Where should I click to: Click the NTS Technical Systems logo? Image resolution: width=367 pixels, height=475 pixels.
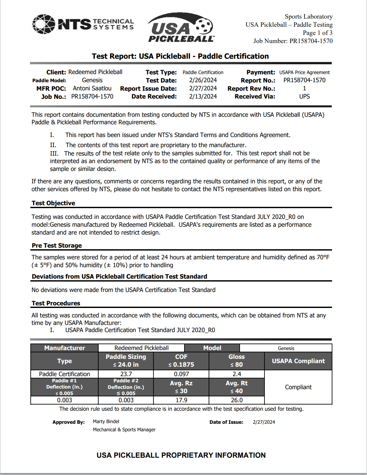coord(83,24)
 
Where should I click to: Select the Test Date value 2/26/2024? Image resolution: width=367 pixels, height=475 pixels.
coord(203,80)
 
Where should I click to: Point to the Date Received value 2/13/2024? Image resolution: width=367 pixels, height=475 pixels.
coord(203,97)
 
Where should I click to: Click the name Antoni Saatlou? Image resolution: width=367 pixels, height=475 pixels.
coord(92,88)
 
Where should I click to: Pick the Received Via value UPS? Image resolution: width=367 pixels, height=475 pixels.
coord(304,97)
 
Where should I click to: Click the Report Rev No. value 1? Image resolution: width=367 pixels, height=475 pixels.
coord(304,88)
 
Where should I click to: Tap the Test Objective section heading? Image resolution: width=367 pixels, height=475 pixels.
coord(54,203)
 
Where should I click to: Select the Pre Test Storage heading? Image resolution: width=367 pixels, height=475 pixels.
coord(57,246)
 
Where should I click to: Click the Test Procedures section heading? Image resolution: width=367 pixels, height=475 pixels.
coord(56,303)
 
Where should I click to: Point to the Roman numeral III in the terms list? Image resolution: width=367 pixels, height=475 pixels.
coord(54,153)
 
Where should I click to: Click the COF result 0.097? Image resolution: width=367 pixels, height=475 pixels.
coord(181,374)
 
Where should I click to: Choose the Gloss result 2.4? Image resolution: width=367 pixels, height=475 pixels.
coord(237,374)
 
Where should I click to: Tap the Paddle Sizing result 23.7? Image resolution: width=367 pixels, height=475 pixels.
coord(126,374)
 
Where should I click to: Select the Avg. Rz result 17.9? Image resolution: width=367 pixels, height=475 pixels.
coord(181,400)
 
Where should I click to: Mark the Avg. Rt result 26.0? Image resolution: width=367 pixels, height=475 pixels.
coord(237,400)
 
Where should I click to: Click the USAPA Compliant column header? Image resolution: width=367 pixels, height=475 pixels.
coord(298,361)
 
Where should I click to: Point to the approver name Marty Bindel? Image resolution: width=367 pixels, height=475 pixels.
coord(106,421)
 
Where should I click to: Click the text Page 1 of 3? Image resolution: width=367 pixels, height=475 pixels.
coord(317,33)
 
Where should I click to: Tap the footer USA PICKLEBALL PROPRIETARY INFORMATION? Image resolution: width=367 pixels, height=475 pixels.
coord(181,455)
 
